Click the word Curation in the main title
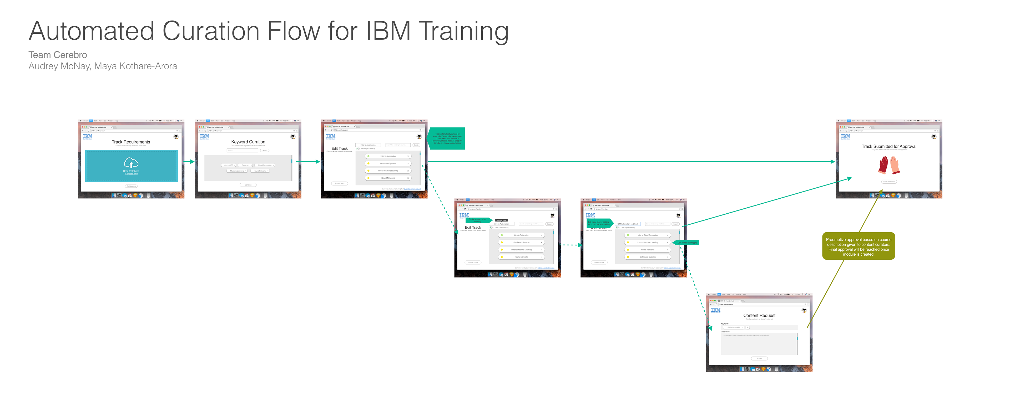coord(211,31)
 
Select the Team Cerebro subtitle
coord(58,55)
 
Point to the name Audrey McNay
coord(59,66)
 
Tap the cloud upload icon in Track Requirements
coord(131,163)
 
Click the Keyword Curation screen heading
coord(248,142)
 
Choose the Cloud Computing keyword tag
coord(265,165)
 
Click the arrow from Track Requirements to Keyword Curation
coord(189,161)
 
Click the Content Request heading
coord(759,315)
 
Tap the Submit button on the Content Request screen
coord(759,358)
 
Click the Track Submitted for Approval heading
coord(889,147)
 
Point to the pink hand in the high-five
coord(895,165)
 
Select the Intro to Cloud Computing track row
coord(647,235)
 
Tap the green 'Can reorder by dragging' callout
coord(687,243)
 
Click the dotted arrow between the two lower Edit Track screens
coord(571,245)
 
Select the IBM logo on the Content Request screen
coord(715,310)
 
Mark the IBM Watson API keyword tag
coord(733,327)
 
